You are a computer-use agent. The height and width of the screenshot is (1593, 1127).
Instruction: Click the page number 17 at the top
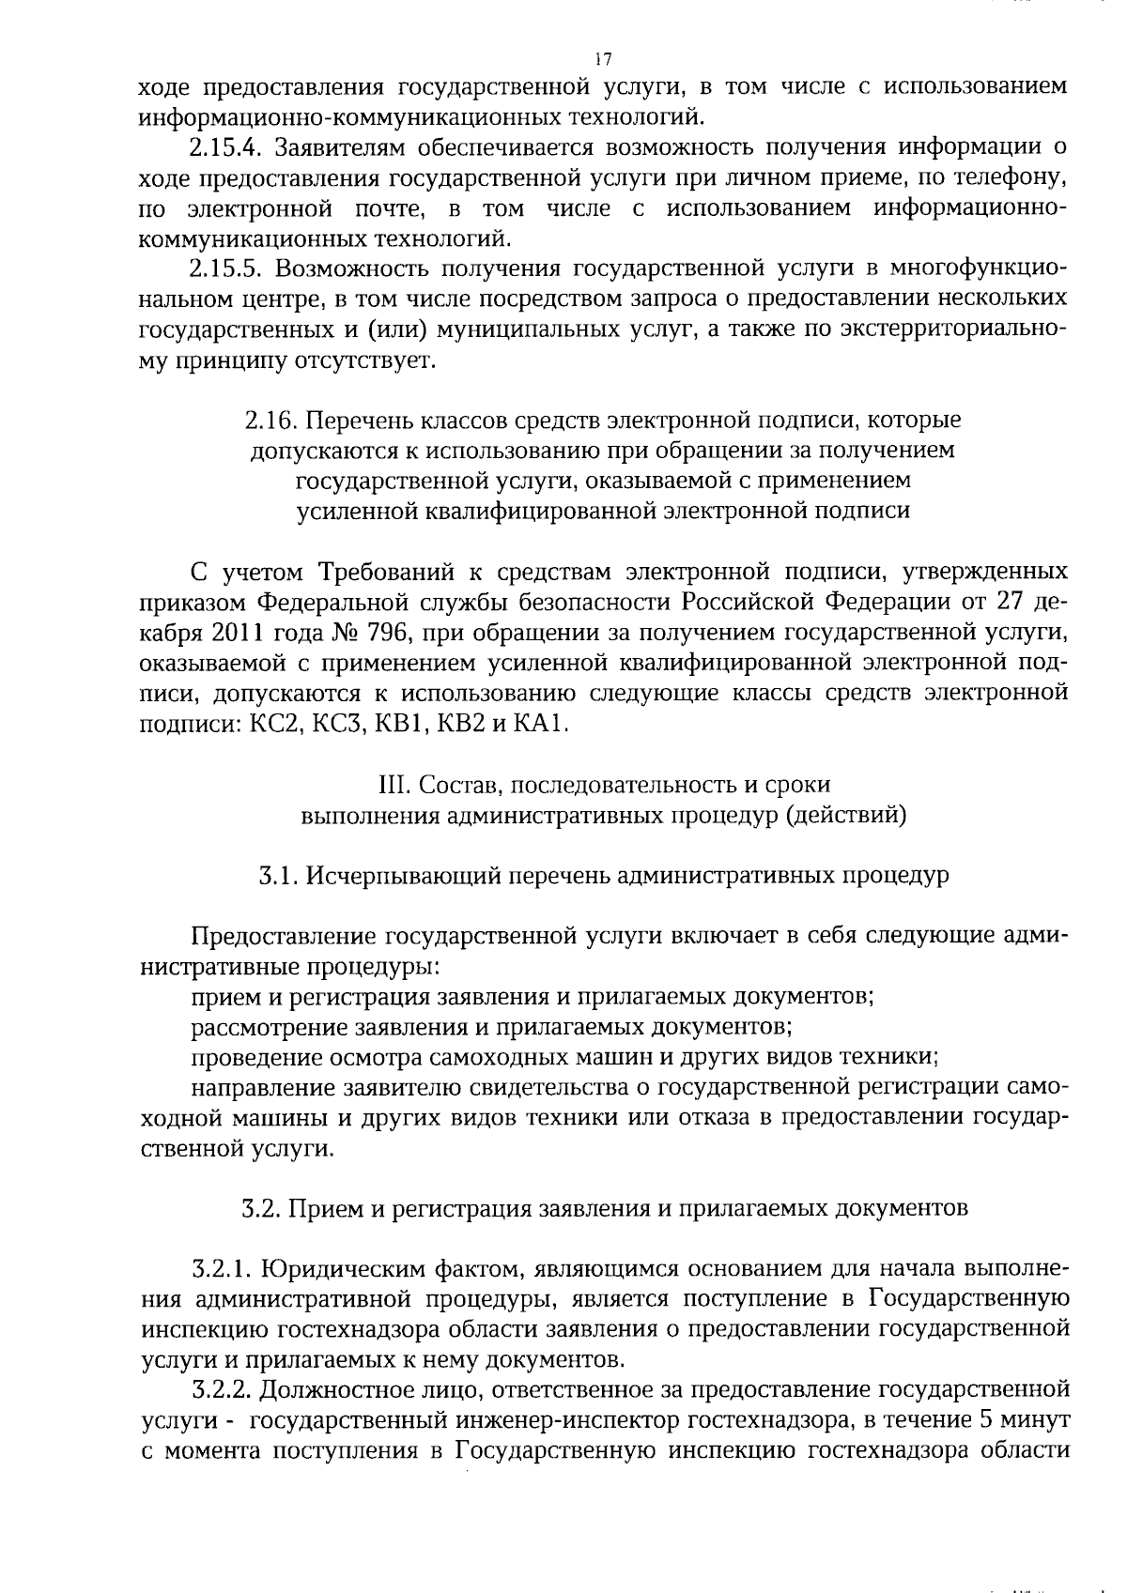(603, 59)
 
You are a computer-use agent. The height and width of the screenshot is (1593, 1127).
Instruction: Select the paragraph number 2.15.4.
(224, 148)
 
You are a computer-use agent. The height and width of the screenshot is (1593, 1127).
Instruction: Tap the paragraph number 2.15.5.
(224, 269)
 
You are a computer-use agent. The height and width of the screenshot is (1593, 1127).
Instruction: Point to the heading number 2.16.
(271, 421)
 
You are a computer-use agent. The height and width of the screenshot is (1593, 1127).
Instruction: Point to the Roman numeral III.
(390, 784)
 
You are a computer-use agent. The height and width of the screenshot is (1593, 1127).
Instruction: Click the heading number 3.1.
(278, 876)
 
